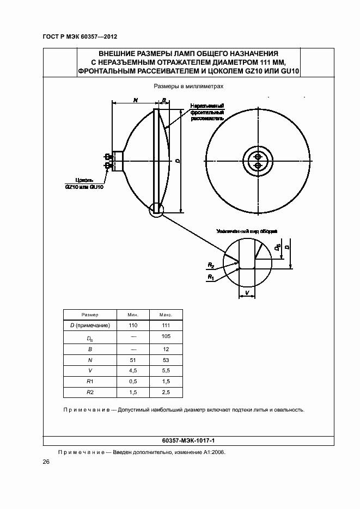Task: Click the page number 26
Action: click(46, 462)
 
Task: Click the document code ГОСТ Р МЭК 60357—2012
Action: click(80, 37)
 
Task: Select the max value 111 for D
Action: click(166, 325)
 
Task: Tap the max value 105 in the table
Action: click(166, 336)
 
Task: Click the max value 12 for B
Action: click(166, 348)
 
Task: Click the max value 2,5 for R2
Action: click(166, 392)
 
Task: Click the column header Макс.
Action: click(166, 315)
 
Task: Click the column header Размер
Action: click(90, 315)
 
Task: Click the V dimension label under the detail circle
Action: click(247, 292)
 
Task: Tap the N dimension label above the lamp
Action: click(135, 100)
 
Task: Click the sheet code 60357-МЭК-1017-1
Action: click(180, 439)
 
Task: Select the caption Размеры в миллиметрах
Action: click(180, 86)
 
